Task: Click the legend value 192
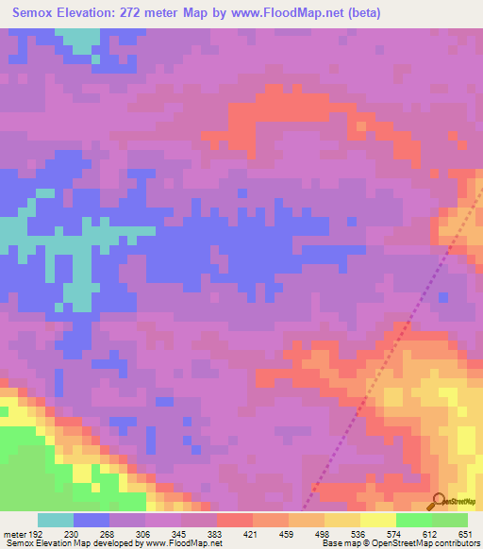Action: (x=35, y=532)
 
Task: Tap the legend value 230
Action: (x=72, y=532)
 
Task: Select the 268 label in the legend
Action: (x=108, y=532)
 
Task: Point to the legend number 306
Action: (x=143, y=532)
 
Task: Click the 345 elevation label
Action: (x=179, y=532)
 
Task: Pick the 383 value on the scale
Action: (x=215, y=532)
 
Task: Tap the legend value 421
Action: (x=251, y=532)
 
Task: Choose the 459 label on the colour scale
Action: (x=287, y=532)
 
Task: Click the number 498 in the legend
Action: (x=323, y=532)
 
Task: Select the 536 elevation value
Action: (x=358, y=532)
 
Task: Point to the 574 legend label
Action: (x=394, y=532)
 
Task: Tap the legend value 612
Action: (x=430, y=532)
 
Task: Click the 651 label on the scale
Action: (x=465, y=532)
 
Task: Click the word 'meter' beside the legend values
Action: (x=13, y=532)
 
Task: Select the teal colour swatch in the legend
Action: (x=55, y=520)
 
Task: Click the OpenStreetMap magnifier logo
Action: (x=441, y=501)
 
